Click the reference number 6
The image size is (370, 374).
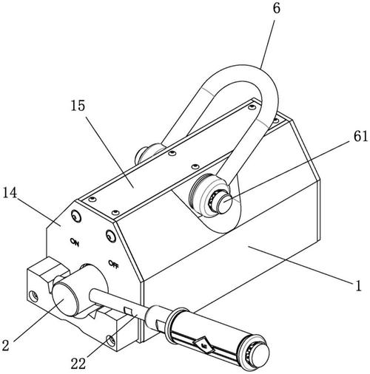coord(277,8)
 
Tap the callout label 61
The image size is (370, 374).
coord(360,136)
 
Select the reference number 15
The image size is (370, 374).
coord(78,106)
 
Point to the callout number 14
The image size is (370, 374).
coord(10,192)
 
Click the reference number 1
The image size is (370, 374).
coord(358,285)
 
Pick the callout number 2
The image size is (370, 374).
coord(5,345)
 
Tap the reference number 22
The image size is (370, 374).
coord(78,364)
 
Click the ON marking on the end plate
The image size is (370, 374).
coord(75,242)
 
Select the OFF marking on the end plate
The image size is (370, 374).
coord(114,264)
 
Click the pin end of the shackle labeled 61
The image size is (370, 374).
coord(226,202)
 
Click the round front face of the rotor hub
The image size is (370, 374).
coord(63,299)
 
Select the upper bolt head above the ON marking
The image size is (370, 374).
coord(76,217)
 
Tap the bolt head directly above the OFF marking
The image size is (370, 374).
coord(110,237)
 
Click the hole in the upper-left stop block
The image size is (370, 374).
coord(34,296)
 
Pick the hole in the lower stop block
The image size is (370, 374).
coord(111,340)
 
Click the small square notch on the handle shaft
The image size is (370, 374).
coord(128,311)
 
